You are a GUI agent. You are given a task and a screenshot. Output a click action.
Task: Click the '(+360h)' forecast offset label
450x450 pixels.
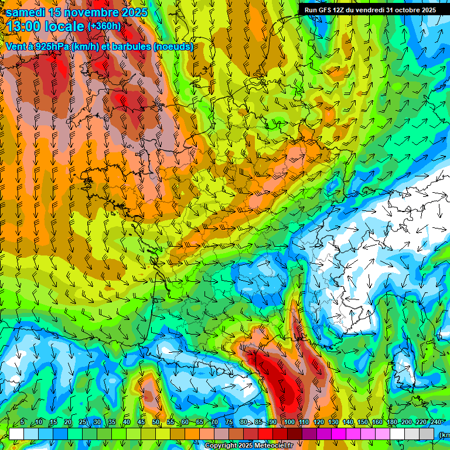tap(104, 26)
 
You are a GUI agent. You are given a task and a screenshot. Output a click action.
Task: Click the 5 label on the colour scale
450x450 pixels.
tap(22, 422)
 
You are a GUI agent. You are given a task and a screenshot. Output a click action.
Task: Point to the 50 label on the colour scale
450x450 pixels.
tap(156, 422)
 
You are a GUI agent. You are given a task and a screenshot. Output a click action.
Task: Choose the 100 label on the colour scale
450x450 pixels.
tap(289, 422)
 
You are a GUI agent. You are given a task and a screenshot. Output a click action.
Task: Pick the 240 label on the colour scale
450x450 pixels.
tap(435, 422)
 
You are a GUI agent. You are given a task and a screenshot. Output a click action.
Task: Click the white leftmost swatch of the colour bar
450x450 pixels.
tap(16, 434)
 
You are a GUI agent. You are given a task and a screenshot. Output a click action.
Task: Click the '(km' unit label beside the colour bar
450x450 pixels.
tap(444, 434)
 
